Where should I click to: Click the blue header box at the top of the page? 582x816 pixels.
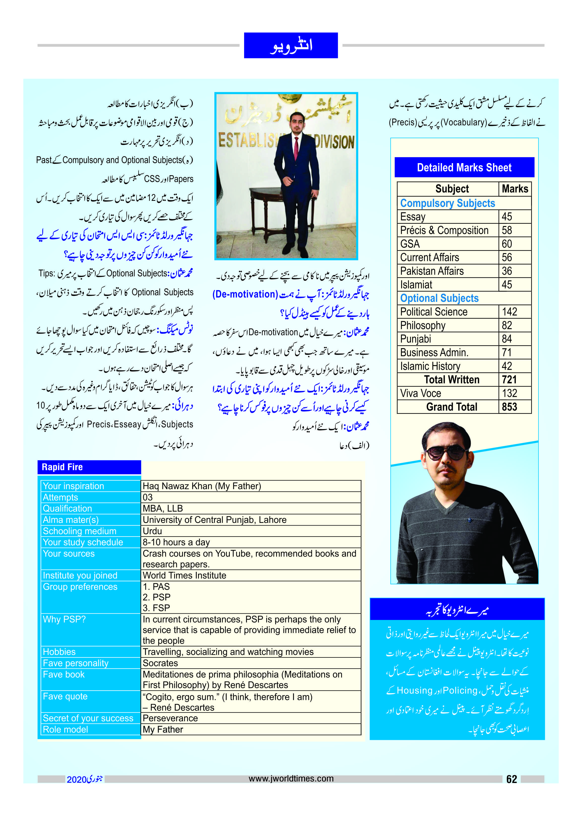(x=291, y=46)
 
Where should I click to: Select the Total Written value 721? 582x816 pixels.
(x=509, y=380)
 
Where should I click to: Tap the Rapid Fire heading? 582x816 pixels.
(x=62, y=467)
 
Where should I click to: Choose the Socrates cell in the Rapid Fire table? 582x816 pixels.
(x=160, y=663)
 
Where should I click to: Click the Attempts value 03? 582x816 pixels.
(x=148, y=497)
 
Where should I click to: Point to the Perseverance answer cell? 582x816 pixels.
(x=170, y=718)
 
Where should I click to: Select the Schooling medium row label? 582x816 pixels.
(x=80, y=531)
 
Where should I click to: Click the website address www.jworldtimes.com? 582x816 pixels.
(x=291, y=778)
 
